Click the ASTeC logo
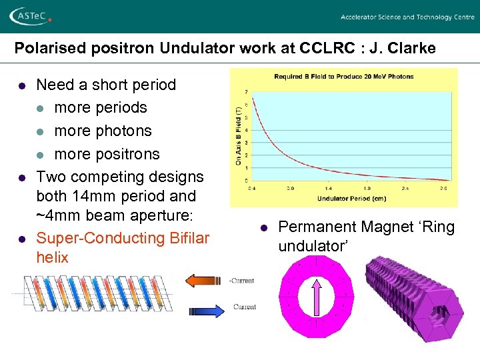[31, 16]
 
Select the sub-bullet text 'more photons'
[103, 131]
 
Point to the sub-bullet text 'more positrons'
[107, 154]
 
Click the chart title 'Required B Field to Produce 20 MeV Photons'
[343, 77]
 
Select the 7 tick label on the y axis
[247, 91]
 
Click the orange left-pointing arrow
[206, 280]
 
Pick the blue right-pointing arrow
[209, 310]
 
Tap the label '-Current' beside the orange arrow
[241, 281]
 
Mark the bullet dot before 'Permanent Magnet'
[264, 228]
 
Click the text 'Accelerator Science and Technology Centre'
[407, 17]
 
